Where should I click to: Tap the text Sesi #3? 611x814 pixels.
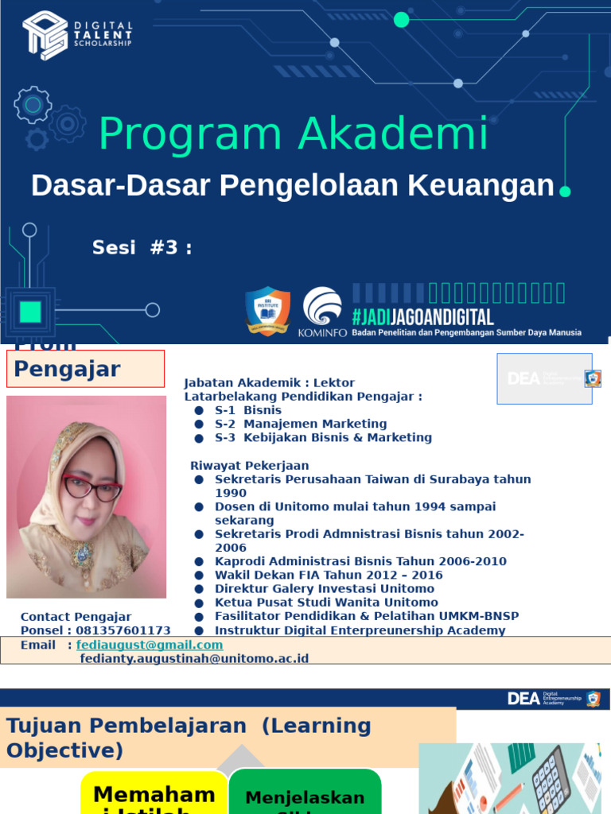click(x=142, y=247)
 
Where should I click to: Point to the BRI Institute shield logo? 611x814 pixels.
click(x=267, y=311)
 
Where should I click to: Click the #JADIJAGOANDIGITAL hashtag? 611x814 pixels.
click(x=422, y=317)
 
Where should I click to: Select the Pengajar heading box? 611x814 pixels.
click(x=86, y=369)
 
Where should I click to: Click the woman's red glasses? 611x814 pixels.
click(x=92, y=486)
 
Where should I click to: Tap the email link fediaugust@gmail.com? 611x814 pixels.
click(x=150, y=645)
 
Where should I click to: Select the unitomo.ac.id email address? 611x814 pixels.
click(x=194, y=658)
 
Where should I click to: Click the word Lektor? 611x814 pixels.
click(x=334, y=383)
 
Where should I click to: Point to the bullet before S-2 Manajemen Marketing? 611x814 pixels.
click(x=199, y=424)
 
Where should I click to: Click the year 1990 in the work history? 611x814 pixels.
click(x=231, y=493)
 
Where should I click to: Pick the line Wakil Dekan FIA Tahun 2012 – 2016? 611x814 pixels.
click(x=329, y=575)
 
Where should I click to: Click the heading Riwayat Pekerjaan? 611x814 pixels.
click(x=250, y=466)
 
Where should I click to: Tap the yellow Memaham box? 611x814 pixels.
click(x=154, y=793)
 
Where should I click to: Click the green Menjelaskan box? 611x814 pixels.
click(x=305, y=793)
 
